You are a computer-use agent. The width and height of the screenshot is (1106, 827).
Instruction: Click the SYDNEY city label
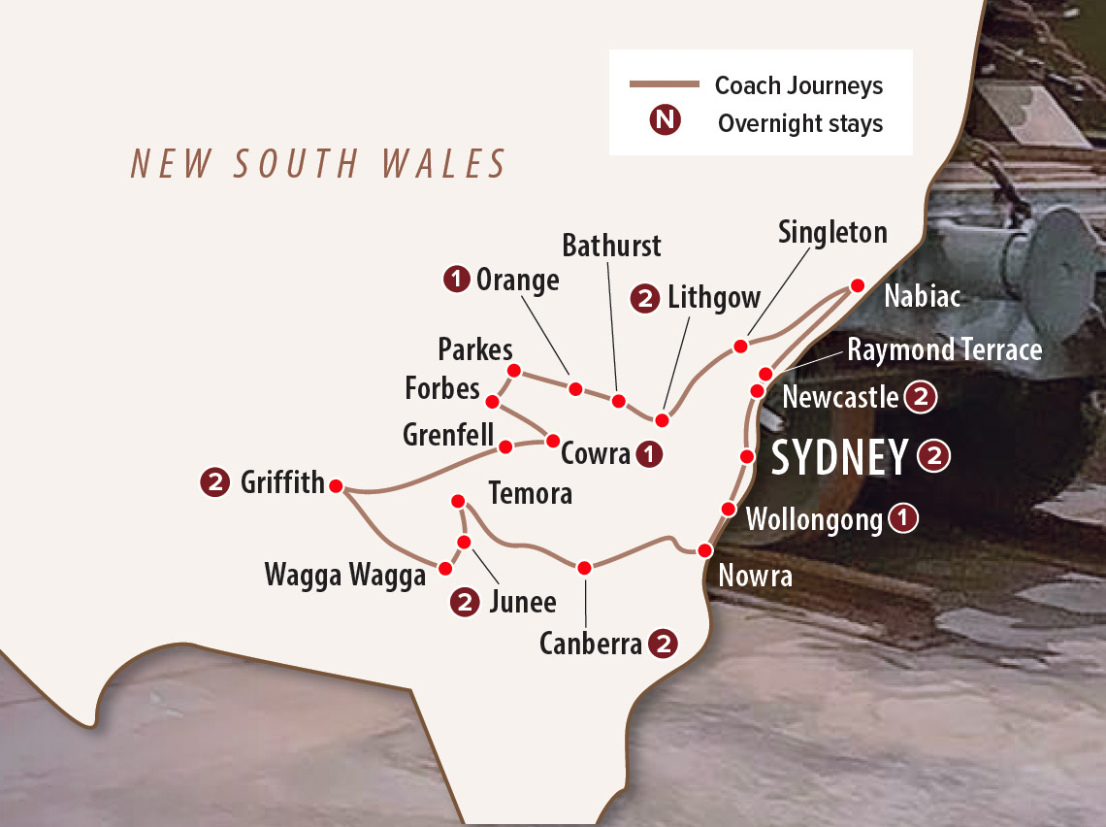click(839, 458)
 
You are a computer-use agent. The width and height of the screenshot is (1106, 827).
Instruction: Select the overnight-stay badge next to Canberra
click(663, 644)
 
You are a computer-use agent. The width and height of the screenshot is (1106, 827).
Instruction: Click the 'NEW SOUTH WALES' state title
click(319, 164)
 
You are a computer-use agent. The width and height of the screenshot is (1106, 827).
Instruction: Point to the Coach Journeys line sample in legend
click(665, 85)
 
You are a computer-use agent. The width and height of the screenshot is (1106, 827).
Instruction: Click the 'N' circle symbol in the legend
click(666, 120)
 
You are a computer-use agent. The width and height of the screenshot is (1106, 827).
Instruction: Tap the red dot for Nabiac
click(857, 285)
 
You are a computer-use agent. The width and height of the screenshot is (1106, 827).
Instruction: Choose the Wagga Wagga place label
click(344, 576)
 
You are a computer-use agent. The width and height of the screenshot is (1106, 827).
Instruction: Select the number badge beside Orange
click(456, 280)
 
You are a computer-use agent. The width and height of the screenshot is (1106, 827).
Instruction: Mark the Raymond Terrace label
click(944, 349)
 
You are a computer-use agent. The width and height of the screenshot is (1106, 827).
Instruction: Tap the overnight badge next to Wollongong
click(903, 518)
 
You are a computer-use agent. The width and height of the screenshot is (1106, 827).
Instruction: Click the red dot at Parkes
click(514, 370)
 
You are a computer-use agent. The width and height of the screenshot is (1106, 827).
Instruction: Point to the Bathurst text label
click(611, 246)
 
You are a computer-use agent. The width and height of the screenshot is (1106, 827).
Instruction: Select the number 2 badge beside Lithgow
click(645, 299)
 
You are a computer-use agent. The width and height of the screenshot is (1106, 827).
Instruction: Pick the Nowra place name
click(755, 576)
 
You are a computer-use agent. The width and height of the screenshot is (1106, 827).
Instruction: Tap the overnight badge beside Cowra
click(650, 452)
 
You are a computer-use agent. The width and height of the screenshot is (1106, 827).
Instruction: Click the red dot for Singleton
click(740, 346)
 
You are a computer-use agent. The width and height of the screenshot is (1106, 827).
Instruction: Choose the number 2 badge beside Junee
click(466, 602)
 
